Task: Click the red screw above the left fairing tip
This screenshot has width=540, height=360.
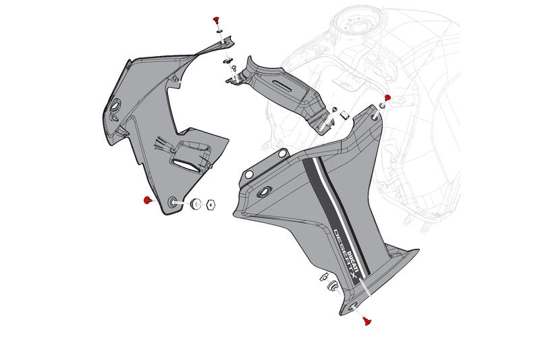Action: click(217, 20)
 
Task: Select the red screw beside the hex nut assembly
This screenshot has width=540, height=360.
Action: click(147, 200)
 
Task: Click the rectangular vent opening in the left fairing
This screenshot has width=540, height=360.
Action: click(186, 161)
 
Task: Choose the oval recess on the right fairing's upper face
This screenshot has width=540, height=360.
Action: click(264, 192)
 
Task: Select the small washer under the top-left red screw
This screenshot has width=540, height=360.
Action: click(220, 32)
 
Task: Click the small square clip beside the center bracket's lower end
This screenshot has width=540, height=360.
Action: click(342, 114)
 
